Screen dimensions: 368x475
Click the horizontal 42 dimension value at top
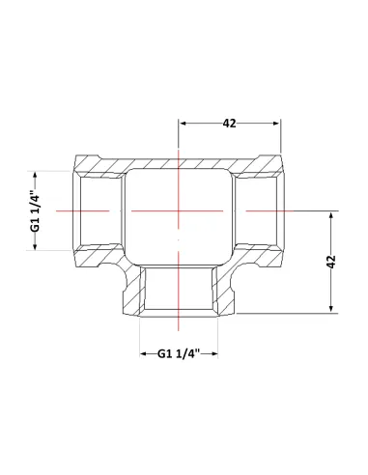click(229, 124)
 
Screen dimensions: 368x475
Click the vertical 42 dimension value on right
click(331, 262)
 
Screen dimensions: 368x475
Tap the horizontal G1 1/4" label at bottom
click(179, 353)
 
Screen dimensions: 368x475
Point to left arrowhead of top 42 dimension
click(183, 124)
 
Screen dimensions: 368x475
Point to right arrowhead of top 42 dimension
click(276, 124)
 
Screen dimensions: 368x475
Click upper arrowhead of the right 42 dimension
click(331, 215)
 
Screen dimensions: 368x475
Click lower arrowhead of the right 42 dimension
click(331, 309)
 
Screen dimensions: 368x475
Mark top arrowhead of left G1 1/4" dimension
click(35, 176)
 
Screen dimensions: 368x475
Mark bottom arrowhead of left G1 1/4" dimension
click(35, 246)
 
